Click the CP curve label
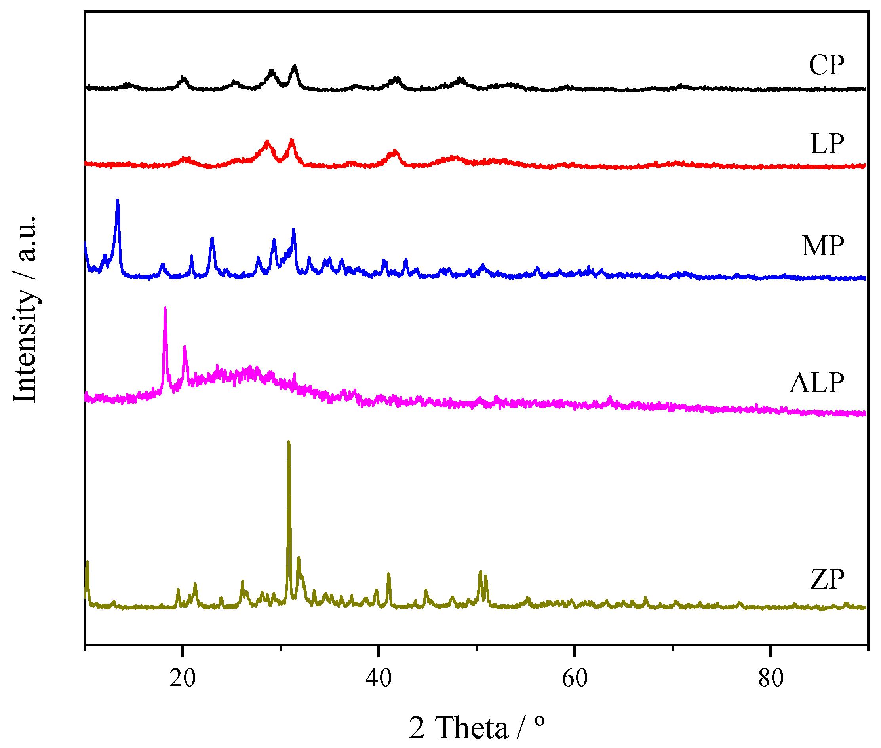tap(826, 65)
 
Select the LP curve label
tap(827, 144)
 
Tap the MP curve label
tap(823, 245)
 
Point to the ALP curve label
tap(816, 383)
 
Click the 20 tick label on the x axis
tap(183, 678)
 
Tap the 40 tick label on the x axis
tap(379, 678)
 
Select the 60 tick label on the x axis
tap(574, 678)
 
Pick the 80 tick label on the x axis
tap(771, 678)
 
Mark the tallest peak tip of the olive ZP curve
tap(289, 442)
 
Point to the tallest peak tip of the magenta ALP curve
tap(165, 308)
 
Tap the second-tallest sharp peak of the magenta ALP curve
tap(185, 347)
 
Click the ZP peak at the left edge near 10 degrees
tap(88, 562)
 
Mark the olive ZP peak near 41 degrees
tap(388, 574)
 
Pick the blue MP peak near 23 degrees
tap(212, 239)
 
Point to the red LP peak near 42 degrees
tap(395, 151)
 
